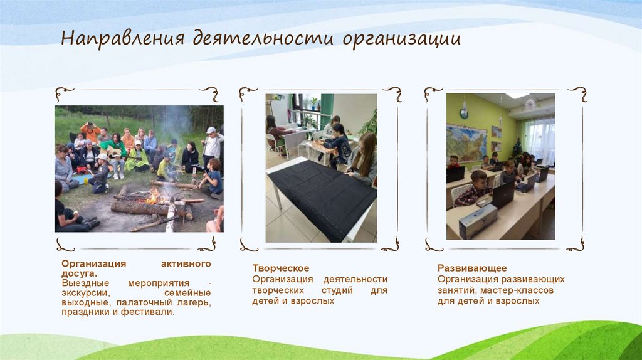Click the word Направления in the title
coord(122,40)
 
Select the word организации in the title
coord(401,40)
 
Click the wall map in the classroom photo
coord(466,141)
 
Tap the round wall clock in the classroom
coord(464,114)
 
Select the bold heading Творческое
coord(280,268)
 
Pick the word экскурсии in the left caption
coord(86,293)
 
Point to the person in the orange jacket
coord(90,132)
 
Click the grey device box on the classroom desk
coord(477,221)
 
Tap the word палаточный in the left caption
coord(134,302)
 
